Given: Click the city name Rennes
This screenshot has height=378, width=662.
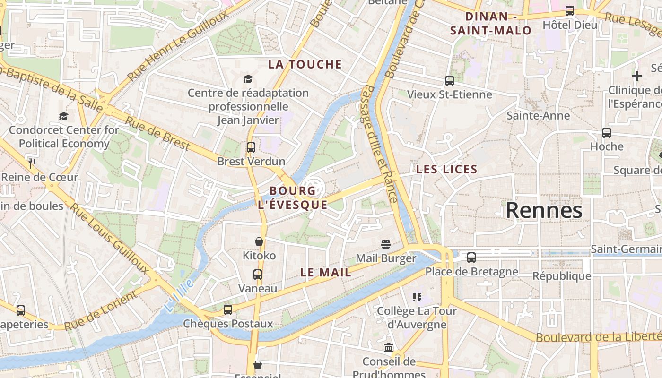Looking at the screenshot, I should (544, 210).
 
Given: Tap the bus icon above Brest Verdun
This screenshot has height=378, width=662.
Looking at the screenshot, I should (251, 147).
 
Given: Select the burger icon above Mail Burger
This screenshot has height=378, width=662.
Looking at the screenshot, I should (386, 244).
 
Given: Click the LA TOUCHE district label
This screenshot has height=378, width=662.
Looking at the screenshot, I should (305, 65).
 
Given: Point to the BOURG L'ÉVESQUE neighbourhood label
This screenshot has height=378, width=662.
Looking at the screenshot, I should (292, 198).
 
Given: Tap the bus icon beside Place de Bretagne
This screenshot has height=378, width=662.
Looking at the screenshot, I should (471, 258).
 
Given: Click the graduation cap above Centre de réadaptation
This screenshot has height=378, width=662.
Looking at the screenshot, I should (248, 79).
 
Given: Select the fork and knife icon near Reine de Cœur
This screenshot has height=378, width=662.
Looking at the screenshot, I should (32, 163).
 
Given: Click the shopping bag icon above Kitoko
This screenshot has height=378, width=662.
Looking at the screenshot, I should (259, 241).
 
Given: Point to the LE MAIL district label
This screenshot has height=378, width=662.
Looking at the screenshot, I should (326, 273).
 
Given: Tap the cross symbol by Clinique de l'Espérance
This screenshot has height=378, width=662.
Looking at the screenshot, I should (637, 76).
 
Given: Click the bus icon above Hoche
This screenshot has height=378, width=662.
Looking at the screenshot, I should (607, 133).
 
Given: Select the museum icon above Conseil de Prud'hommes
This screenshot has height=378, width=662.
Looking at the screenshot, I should (389, 348).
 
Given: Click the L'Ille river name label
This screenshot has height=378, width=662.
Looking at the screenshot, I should (179, 295).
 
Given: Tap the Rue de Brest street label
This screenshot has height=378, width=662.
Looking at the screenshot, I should (157, 133).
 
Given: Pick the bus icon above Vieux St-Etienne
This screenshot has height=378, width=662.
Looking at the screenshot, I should (450, 81).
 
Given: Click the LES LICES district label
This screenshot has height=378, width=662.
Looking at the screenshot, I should (447, 169).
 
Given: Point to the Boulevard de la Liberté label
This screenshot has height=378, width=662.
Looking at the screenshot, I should (598, 337).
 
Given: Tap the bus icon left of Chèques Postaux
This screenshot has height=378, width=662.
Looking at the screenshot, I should (228, 310).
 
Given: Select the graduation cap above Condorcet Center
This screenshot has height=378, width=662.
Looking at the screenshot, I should (63, 116).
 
